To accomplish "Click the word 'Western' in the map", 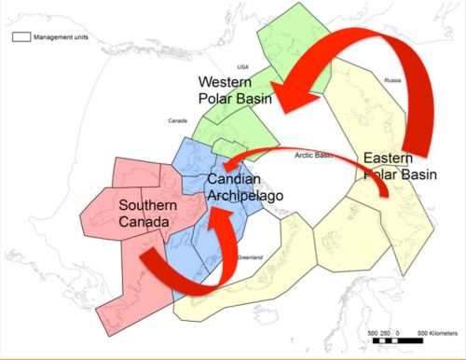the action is point(224,81).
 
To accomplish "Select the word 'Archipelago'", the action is point(244,195).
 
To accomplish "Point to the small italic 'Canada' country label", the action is point(177,121).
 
